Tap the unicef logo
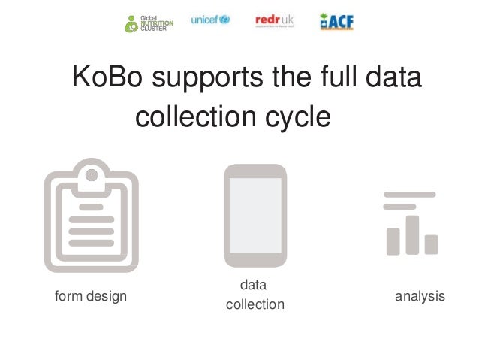coord(210,20)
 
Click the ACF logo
coord(336,21)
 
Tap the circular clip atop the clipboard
coord(91,175)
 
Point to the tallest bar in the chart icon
coord(411,234)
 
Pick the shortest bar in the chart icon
coord(431,244)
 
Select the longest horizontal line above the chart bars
coord(409,194)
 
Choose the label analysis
coord(420,296)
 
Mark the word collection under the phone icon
coord(255,304)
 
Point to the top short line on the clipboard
coord(91,205)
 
